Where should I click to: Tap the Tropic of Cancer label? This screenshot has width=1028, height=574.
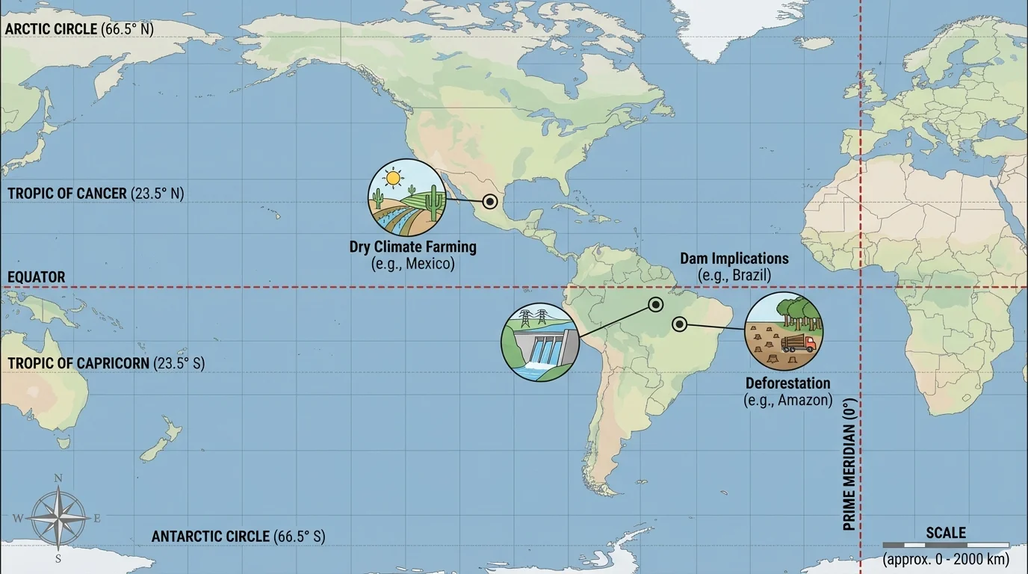pos(96,194)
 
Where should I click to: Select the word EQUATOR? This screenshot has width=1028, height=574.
pos(37,277)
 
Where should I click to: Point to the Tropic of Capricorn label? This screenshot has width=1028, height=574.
pos(106,364)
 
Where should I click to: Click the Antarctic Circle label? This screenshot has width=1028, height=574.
pos(238,537)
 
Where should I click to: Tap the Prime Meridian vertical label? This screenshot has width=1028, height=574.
pos(849,465)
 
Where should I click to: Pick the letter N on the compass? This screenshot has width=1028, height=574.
pos(58,479)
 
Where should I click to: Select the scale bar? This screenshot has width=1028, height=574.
pos(946,546)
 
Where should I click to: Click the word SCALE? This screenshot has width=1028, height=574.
pos(946,533)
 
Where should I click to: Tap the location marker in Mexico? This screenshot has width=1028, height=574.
pos(489,201)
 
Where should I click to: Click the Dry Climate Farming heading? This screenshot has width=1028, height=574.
pos(412,247)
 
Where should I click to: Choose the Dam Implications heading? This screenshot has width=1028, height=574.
pos(734,259)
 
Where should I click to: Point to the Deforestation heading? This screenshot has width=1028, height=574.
pos(787,383)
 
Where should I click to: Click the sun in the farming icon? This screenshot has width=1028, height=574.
pos(392,178)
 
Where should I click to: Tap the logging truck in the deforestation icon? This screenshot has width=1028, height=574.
pos(799,344)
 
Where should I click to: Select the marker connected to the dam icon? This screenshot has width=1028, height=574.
pos(655,304)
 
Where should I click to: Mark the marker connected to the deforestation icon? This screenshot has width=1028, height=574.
pos(679,324)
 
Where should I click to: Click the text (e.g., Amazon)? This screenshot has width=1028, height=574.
pos(787,400)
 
